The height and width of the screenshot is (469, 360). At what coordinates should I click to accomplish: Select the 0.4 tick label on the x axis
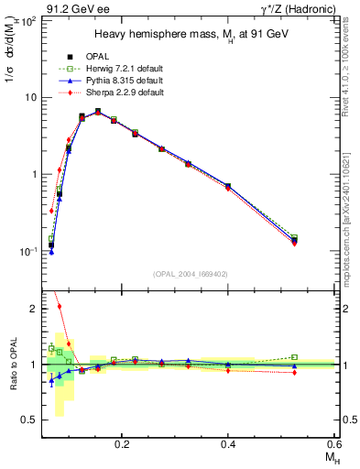click(x=228, y=443)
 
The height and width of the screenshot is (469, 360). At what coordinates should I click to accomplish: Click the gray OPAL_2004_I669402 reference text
click(x=190, y=274)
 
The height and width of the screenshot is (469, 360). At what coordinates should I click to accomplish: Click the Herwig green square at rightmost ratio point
click(x=294, y=357)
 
